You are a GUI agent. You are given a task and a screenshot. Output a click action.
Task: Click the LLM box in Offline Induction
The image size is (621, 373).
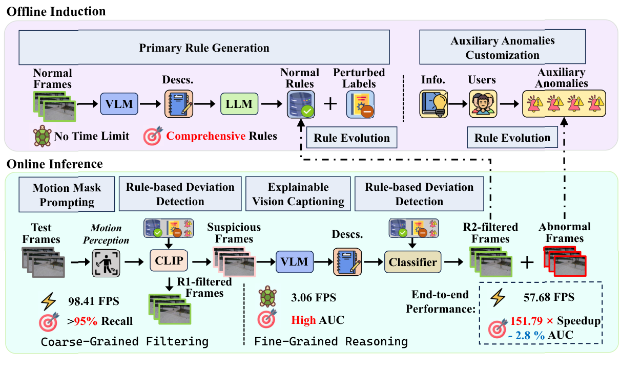click(239, 104)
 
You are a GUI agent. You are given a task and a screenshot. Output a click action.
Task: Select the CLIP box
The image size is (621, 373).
click(169, 260)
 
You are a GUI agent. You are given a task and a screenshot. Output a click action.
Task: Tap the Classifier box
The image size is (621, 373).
click(412, 262)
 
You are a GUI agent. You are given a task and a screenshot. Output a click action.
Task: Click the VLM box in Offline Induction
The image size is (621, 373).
click(119, 104)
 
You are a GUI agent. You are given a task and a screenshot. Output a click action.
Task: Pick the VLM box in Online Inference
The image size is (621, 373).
click(295, 261)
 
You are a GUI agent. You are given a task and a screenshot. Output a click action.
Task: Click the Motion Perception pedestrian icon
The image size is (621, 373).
click(106, 263)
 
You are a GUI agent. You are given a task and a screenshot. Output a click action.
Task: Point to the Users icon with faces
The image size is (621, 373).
click(483, 104)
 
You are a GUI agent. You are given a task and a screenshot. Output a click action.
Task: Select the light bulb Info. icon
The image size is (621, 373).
click(433, 104)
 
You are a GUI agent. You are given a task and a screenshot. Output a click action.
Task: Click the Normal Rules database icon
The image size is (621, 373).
click(301, 104)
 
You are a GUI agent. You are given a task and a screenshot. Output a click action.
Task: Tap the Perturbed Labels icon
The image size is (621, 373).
click(360, 104)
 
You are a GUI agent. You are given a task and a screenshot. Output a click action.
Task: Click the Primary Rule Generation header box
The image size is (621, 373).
click(204, 48)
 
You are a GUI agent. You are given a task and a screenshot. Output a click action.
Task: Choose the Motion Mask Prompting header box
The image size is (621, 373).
click(67, 194)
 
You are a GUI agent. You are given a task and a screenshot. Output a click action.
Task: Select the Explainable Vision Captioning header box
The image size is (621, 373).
click(298, 194)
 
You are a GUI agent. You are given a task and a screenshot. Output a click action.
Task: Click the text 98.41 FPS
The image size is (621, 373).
click(94, 301)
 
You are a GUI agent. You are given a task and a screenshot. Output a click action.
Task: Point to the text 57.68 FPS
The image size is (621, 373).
click(549, 297)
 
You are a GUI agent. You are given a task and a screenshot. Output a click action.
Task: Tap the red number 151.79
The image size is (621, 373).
click(526, 321)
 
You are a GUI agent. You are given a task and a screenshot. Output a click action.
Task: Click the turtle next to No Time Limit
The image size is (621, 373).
click(42, 136)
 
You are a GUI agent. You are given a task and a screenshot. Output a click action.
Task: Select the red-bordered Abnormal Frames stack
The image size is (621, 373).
click(565, 261)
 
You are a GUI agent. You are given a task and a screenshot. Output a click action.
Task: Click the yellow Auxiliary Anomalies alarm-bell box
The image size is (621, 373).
click(564, 103)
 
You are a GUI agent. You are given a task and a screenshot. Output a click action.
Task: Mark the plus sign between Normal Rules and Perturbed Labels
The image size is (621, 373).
click(330, 104)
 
